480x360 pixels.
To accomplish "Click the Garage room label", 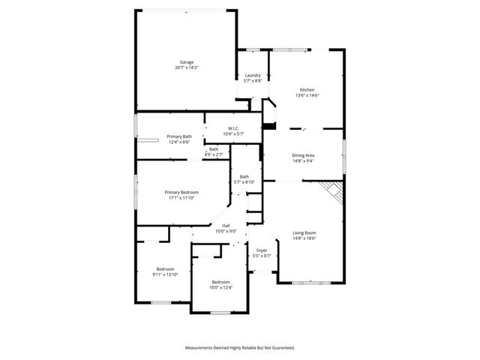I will click(x=187, y=62).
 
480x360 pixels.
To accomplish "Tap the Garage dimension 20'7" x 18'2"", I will click(x=187, y=67).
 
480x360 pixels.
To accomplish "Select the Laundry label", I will click(x=253, y=75).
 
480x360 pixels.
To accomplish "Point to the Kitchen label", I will click(x=307, y=90).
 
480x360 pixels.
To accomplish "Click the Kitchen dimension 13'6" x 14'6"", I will click(x=307, y=95).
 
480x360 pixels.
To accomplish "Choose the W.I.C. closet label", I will click(x=233, y=128).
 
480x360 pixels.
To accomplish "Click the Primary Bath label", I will click(x=179, y=136).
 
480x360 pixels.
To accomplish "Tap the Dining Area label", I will click(x=303, y=155).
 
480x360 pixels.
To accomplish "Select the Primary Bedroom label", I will click(x=181, y=192).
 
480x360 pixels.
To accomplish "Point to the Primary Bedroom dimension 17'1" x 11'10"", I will click(x=181, y=198).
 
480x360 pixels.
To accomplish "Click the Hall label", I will click(x=226, y=225).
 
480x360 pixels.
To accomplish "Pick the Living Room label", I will click(x=304, y=232).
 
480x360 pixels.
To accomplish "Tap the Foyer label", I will click(x=262, y=250).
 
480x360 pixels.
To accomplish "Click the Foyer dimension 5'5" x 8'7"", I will click(x=262, y=256).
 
